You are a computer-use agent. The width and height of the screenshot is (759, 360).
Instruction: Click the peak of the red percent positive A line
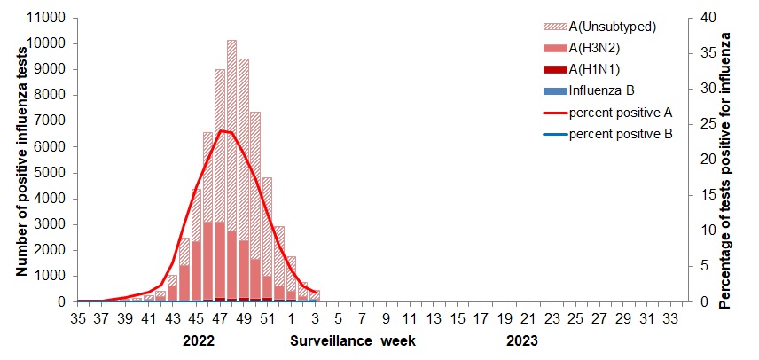(220, 131)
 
